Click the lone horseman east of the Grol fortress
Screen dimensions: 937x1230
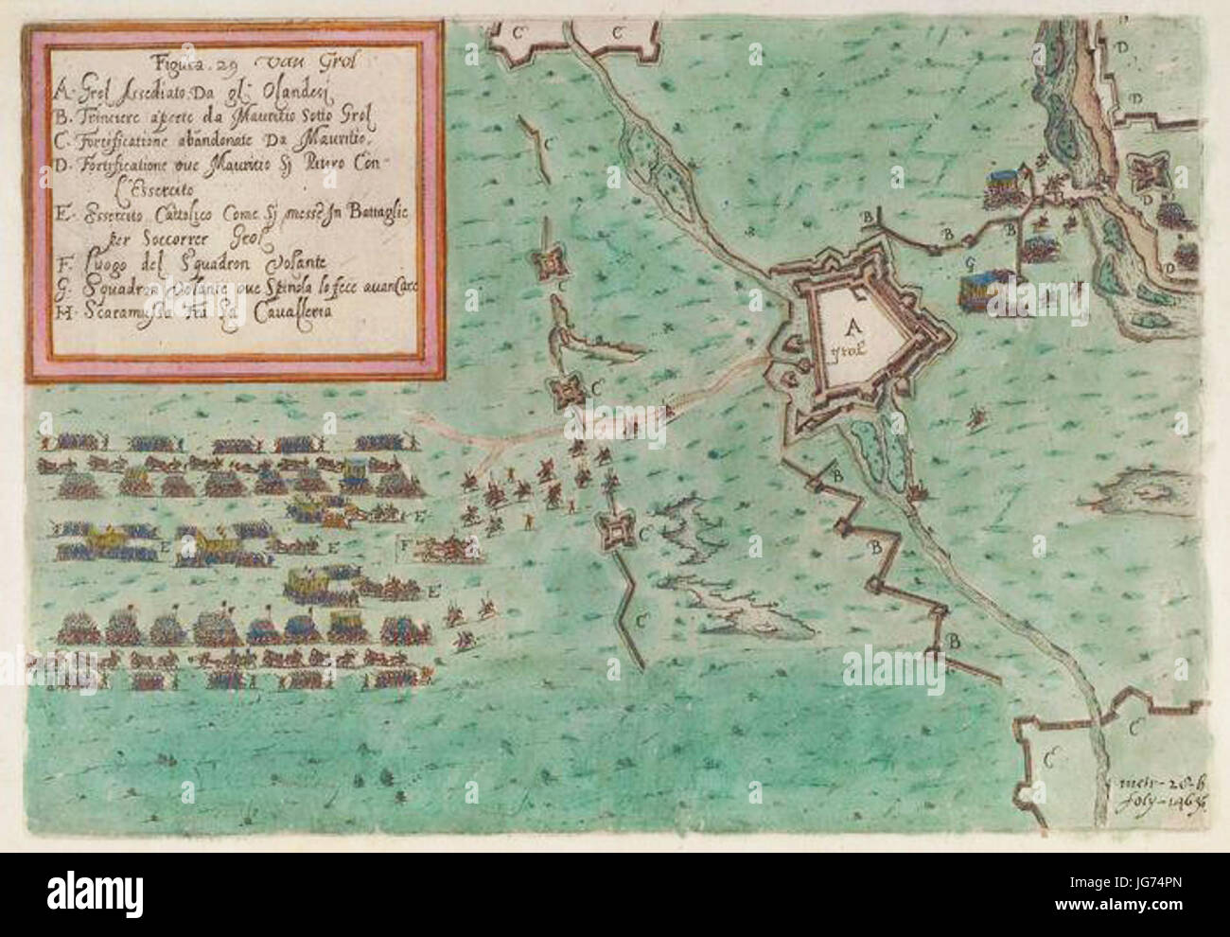tap(977, 414)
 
